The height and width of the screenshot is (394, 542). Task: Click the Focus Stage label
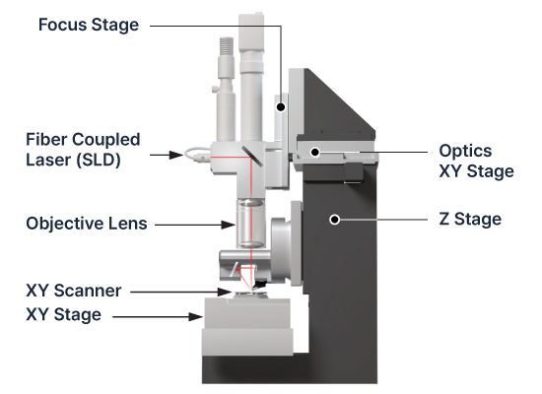tap(89, 26)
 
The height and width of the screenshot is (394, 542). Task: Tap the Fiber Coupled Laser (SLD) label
tap(83, 150)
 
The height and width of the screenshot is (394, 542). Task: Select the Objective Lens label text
tap(87, 224)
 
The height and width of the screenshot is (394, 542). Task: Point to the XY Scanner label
tap(74, 291)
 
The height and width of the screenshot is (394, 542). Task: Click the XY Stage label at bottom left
tap(64, 315)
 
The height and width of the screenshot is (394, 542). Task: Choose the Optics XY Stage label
tap(476, 162)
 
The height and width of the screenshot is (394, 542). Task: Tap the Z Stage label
tap(470, 219)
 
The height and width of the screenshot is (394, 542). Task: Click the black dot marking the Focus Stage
tap(281, 107)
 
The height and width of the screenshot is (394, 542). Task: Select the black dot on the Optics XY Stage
tap(315, 152)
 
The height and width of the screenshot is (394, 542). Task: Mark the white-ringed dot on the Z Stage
tap(334, 220)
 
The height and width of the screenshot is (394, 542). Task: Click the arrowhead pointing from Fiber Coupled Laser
tap(176, 155)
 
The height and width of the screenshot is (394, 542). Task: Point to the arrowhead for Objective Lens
tap(229, 225)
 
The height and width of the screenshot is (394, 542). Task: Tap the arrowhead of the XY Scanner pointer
tap(224, 292)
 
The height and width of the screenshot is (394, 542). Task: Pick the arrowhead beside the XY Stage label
tap(196, 316)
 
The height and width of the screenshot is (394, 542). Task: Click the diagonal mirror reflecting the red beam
tap(252, 156)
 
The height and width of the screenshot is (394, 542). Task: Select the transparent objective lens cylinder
tap(251, 224)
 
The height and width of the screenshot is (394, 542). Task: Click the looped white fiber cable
tap(197, 155)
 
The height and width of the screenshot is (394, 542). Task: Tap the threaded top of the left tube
tap(227, 47)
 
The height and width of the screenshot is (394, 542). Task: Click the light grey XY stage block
tap(247, 326)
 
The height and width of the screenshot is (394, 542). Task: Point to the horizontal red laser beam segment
tap(231, 158)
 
